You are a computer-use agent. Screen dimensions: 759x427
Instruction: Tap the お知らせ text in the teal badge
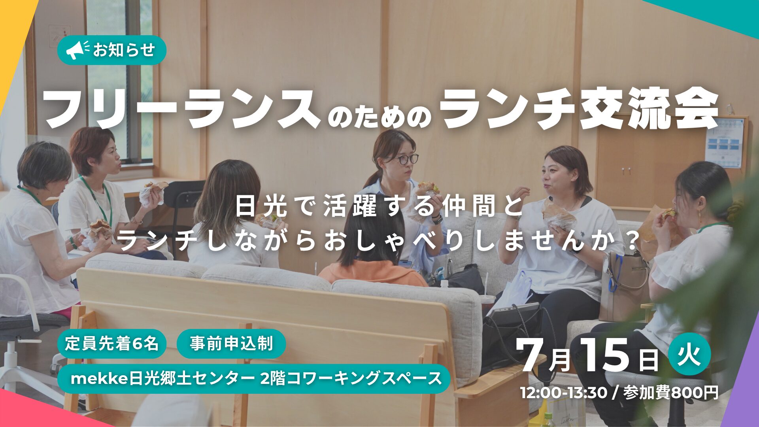click(124, 50)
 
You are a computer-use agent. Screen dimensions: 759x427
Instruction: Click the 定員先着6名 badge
click(112, 344)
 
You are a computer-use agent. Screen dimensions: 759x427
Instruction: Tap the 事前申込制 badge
click(231, 344)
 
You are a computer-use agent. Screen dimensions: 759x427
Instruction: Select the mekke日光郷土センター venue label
click(254, 378)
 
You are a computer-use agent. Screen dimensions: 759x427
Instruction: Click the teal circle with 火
click(690, 354)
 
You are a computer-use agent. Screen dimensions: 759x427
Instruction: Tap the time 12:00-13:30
click(563, 393)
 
